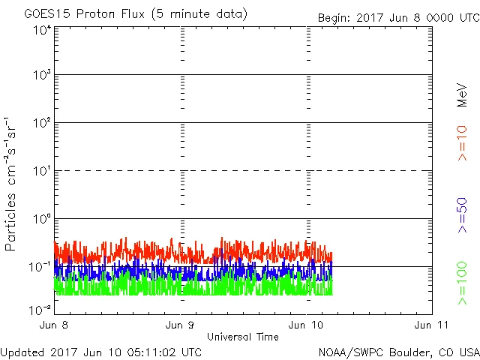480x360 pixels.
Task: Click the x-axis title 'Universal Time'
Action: [x=242, y=337]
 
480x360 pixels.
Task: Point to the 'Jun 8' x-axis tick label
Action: [x=55, y=325]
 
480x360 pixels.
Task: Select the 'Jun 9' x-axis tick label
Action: [x=181, y=325]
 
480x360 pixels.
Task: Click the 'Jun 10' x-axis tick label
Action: [x=306, y=325]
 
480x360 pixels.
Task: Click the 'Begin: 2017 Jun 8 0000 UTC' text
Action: [x=397, y=17]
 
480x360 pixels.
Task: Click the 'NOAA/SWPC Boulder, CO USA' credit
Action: [x=398, y=351]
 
